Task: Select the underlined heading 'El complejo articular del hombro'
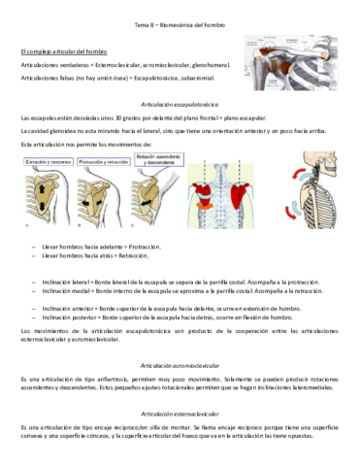coord(63,50)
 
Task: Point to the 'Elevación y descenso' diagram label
coord(48,161)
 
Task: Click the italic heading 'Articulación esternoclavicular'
coord(179,413)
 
